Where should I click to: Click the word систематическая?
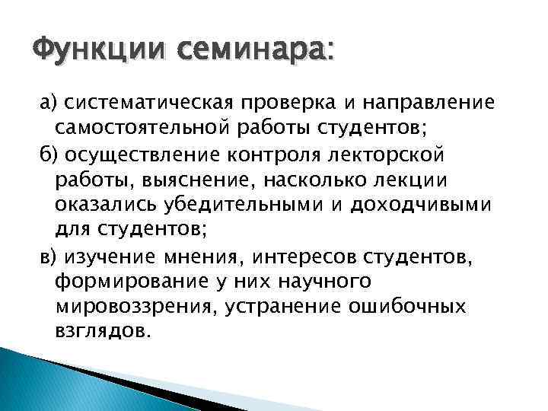151,103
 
